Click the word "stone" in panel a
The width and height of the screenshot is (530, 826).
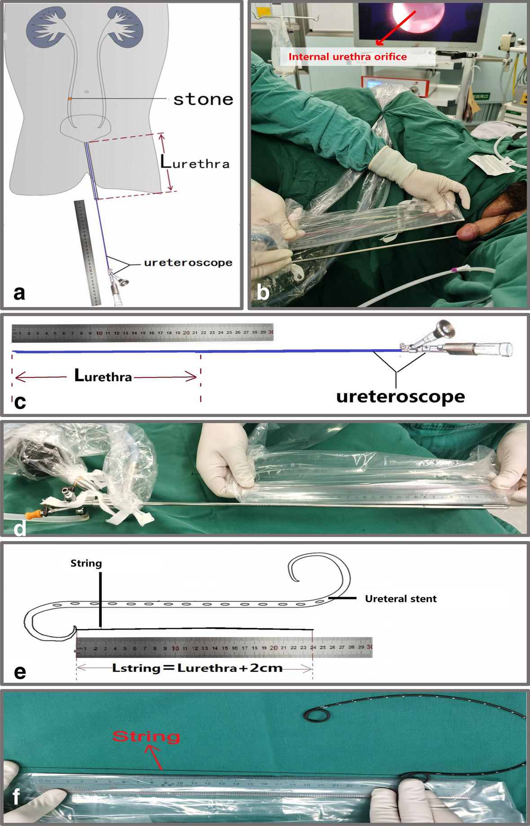(x=203, y=99)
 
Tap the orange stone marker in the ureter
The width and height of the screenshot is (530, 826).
(x=70, y=98)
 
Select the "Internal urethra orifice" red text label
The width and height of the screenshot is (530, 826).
(x=347, y=57)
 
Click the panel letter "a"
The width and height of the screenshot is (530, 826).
(x=19, y=293)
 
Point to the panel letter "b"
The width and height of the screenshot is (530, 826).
(x=263, y=293)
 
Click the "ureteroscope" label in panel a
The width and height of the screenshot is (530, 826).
(x=188, y=262)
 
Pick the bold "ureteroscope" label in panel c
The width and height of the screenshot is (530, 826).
(x=400, y=396)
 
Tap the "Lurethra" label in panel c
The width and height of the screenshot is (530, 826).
(x=103, y=376)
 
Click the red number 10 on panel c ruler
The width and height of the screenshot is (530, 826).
(x=99, y=333)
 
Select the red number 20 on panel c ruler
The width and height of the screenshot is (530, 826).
(x=186, y=333)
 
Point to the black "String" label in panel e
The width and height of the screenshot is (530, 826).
(x=86, y=564)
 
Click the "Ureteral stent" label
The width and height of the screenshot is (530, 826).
(x=401, y=599)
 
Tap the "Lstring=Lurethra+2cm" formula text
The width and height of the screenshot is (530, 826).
(x=197, y=668)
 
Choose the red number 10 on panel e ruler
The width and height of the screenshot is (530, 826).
(x=175, y=648)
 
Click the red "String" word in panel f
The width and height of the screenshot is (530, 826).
(x=146, y=737)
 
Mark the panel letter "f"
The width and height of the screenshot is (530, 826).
(x=16, y=797)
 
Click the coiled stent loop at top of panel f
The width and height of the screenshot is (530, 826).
(x=318, y=715)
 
